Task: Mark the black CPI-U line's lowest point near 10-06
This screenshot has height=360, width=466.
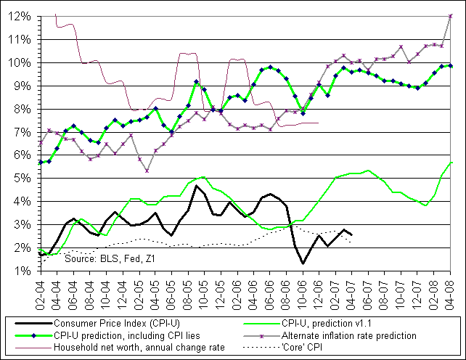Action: tap(303, 263)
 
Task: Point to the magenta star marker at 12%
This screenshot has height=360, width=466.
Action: tap(451, 16)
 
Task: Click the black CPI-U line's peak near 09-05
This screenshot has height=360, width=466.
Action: tap(196, 186)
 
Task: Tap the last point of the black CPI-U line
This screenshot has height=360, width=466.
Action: tap(352, 234)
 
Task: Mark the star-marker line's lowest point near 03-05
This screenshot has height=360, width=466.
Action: tap(147, 171)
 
